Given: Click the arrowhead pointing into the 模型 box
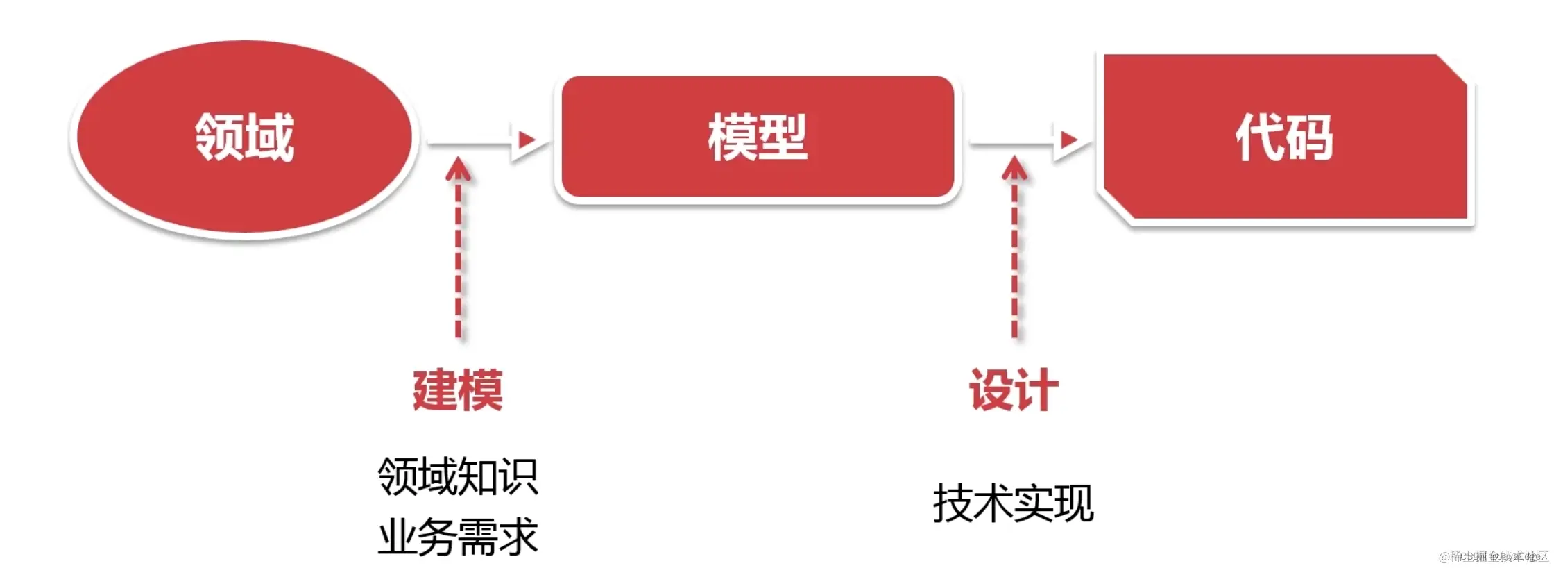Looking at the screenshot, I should (526, 141).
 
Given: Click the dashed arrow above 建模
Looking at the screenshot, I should (458, 250).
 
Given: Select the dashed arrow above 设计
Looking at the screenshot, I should (1014, 250).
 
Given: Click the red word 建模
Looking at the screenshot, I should (458, 390).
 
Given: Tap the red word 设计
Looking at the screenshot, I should (1014, 390).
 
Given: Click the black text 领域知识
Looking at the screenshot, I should (458, 477).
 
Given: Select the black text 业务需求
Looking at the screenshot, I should (458, 537).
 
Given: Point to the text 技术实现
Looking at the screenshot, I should (1013, 503).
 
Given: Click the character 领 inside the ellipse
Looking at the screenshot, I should (219, 137).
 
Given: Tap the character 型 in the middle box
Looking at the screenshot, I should (783, 137).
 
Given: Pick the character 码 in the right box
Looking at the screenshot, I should (1310, 137).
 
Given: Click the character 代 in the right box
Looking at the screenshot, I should (1259, 137).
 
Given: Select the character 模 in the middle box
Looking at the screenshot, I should (732, 137).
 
